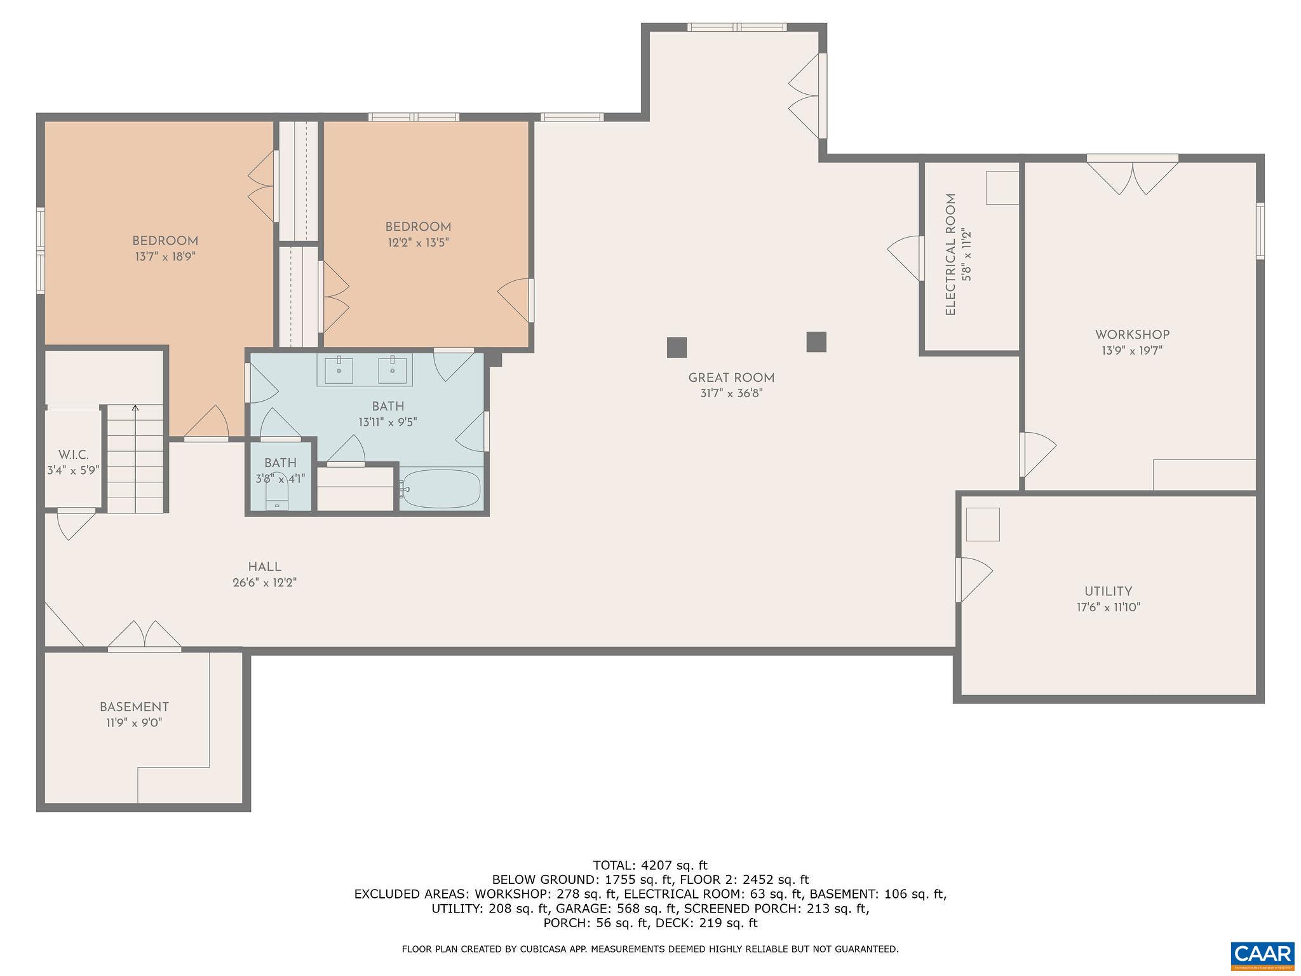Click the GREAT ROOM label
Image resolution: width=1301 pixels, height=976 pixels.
(x=731, y=378)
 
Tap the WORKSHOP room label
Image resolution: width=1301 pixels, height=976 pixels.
(x=1132, y=335)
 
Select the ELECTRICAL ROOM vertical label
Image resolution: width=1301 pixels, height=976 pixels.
(x=950, y=255)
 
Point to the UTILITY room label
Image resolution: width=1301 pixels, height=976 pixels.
(x=1108, y=592)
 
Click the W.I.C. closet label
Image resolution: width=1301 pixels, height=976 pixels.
(x=73, y=455)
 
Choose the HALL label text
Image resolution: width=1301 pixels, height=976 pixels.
(x=264, y=567)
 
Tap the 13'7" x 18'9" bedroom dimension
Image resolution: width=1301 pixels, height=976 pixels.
(x=165, y=257)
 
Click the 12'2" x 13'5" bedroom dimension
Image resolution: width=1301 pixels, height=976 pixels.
(x=418, y=242)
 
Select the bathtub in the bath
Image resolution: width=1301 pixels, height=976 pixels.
(x=441, y=489)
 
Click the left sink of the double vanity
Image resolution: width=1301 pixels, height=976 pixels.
(x=339, y=370)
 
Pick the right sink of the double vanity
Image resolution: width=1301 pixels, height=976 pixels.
(x=393, y=370)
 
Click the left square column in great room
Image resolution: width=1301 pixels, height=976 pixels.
(x=677, y=347)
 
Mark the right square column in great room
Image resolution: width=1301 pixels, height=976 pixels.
(x=816, y=342)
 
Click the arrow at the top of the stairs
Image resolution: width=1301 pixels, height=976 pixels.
(x=135, y=409)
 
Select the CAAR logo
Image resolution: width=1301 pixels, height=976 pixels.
(x=1262, y=955)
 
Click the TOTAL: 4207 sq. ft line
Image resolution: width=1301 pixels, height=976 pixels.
(x=650, y=865)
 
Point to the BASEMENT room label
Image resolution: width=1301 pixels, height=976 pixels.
(x=134, y=707)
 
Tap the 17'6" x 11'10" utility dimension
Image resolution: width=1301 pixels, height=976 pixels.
(x=1109, y=607)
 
